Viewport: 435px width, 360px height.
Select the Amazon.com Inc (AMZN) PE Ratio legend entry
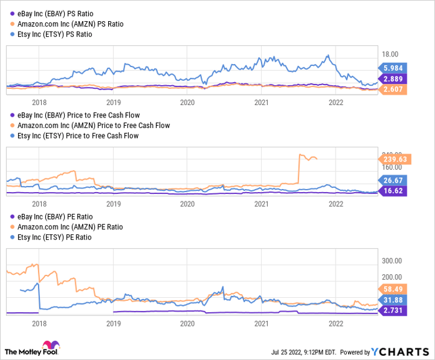click(x=63, y=227)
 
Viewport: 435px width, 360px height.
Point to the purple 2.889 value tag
click(x=391, y=80)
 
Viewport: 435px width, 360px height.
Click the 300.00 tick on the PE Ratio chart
click(x=392, y=261)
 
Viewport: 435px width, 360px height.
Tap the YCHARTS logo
click(x=398, y=351)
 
